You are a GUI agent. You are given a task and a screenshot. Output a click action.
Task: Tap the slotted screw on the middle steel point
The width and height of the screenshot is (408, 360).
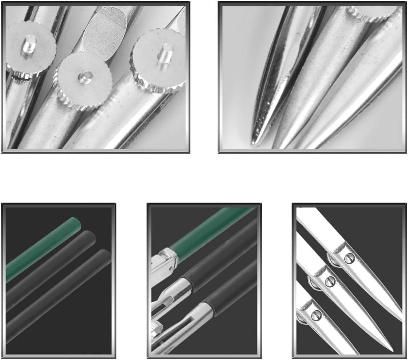tap(330, 281)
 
